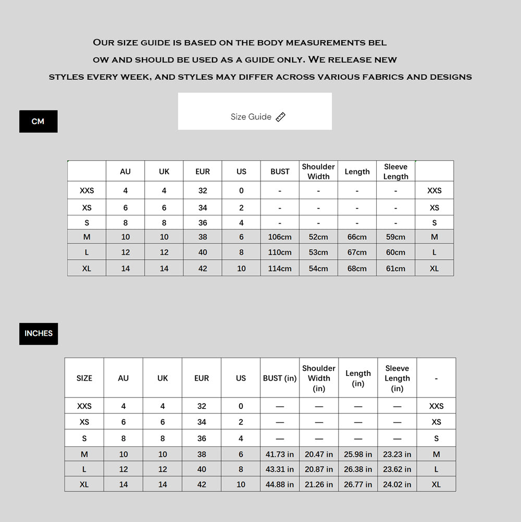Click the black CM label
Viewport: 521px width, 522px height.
[38, 122]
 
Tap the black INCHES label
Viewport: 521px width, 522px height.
[39, 333]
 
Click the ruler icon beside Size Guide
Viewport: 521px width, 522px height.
[281, 117]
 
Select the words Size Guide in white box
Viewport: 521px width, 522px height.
[251, 117]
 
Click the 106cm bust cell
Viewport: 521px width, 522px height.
[280, 237]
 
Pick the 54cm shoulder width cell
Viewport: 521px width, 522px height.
[318, 269]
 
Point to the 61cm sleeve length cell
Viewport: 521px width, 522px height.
[395, 269]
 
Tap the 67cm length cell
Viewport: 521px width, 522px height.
[357, 252]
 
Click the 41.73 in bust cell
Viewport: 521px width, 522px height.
[280, 454]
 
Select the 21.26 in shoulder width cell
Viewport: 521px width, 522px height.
[319, 484]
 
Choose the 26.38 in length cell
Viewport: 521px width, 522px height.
[358, 469]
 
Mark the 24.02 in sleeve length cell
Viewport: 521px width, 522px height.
[397, 484]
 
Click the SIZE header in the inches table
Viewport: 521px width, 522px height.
[84, 378]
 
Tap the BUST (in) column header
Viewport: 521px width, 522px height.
[280, 378]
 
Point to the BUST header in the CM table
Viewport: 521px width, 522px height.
[280, 172]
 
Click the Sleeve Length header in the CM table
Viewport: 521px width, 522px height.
[395, 172]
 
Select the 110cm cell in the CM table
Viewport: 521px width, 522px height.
[280, 252]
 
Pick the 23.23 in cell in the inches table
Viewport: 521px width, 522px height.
[397, 454]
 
